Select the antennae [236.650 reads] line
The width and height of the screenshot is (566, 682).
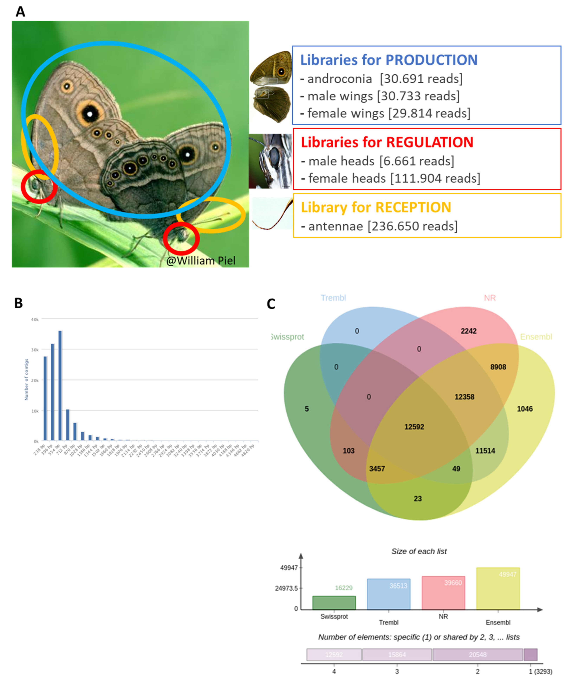379,226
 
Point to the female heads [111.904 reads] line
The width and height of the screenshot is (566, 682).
390,178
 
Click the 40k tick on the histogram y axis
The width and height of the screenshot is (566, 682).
35,320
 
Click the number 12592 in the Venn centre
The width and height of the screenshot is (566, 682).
414,427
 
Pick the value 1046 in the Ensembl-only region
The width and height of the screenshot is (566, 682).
524,409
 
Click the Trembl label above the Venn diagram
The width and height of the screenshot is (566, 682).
333,298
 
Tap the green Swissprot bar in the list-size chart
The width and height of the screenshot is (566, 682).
334,603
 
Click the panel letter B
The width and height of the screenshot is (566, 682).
18,303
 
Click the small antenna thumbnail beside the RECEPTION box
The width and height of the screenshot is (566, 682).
272,214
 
